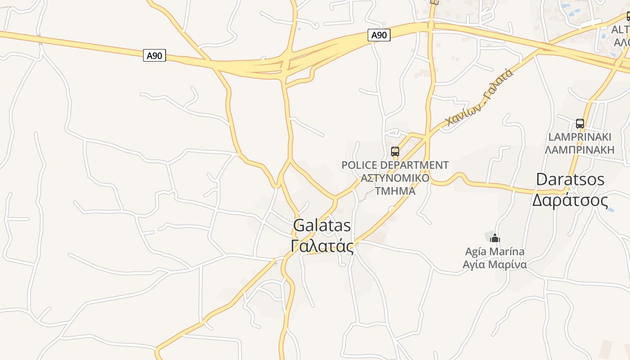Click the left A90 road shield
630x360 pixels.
coord(154,55)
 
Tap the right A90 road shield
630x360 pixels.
coord(379,35)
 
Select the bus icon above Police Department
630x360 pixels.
coord(395,152)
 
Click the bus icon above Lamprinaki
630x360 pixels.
coord(580,123)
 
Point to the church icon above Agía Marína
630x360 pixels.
coord(495,238)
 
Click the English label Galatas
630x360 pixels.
coord(322,225)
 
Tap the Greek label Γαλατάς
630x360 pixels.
coord(322,246)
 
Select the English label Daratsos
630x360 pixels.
coord(570,179)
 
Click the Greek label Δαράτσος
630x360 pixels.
coord(570,200)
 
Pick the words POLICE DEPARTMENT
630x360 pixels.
coord(395,165)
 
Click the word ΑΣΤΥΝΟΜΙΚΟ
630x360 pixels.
coord(395,178)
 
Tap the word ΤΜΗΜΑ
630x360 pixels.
coord(395,190)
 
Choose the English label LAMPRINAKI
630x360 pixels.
coord(580,137)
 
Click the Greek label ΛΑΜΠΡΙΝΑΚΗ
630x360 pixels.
coord(580,149)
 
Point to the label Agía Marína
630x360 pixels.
coord(495,251)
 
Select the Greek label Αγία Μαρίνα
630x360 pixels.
coord(495,264)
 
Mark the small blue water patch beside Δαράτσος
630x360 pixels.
coord(611,209)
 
